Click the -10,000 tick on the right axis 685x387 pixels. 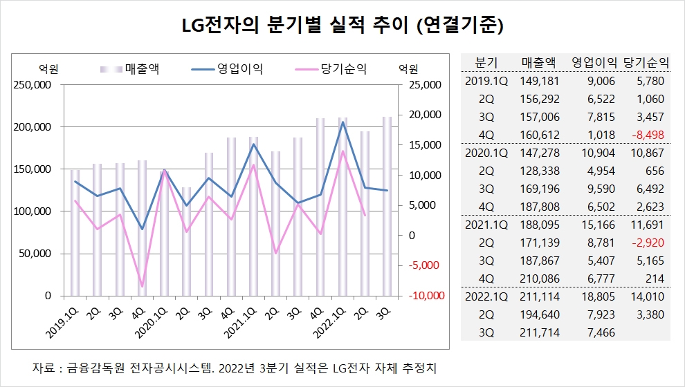425,295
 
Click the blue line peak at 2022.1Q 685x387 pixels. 343,122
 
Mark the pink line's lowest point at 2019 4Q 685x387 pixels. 142,286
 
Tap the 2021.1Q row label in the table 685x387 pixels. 486,224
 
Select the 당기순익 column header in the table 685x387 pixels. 646,62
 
